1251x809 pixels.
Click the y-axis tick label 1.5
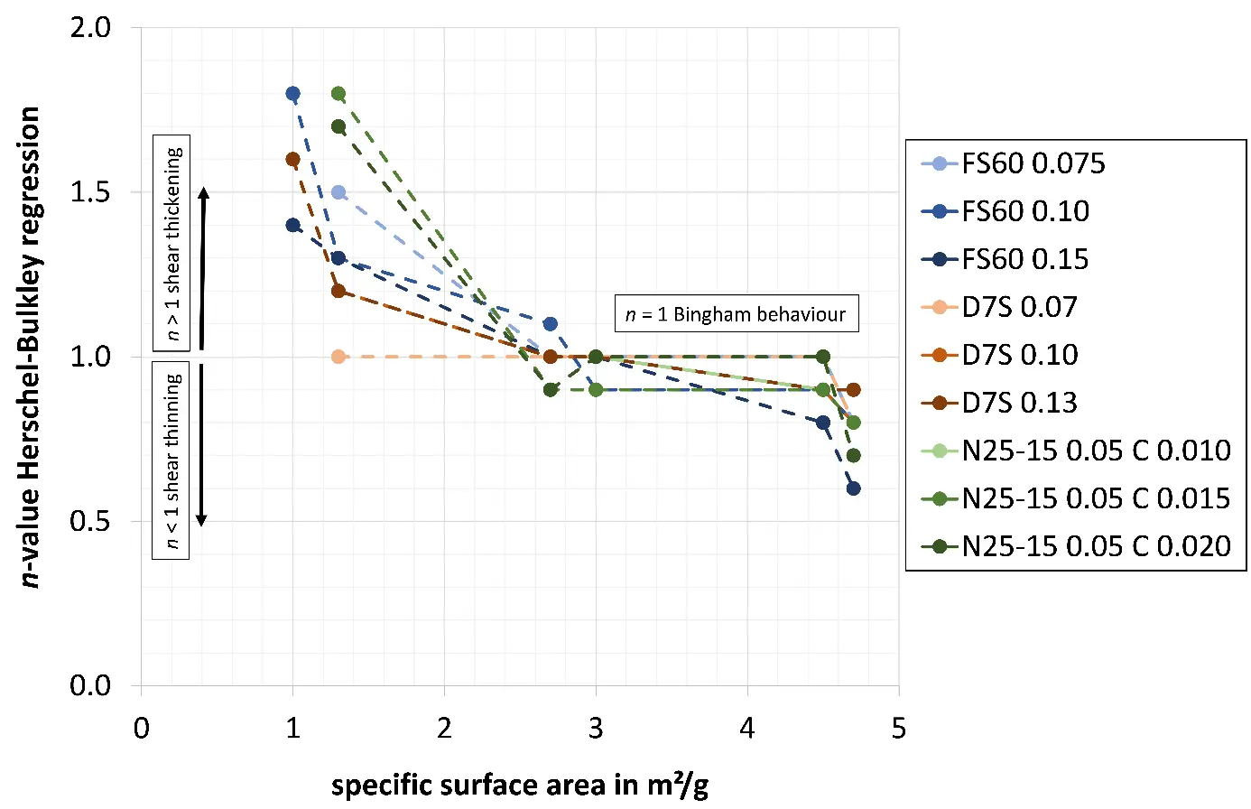90,192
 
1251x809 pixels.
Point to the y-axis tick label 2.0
90,28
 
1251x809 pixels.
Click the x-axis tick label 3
596,729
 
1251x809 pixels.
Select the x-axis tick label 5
898,729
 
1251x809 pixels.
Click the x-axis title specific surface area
519,785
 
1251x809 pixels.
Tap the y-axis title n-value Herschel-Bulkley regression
32,348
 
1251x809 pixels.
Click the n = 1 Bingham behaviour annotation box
736,314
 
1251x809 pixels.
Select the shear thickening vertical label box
171,244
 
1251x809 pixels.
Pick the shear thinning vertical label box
171,460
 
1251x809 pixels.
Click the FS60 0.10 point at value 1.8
292,94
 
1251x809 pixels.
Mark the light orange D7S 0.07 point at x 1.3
338,357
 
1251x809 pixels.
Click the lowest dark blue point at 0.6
853,488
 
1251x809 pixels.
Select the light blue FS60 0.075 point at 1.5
338,192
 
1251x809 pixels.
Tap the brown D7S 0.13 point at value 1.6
292,160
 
